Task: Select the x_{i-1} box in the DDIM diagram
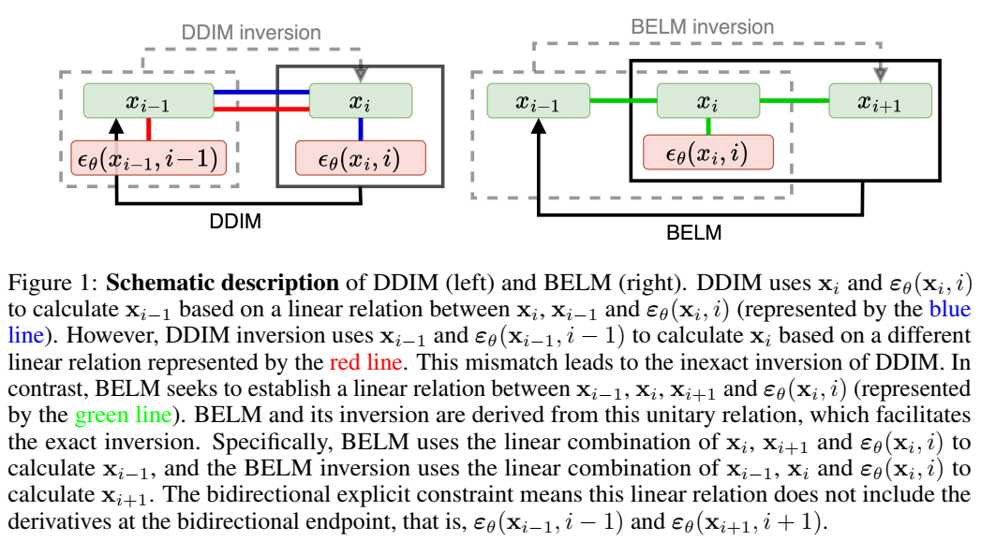(147, 101)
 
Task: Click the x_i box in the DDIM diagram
(360, 101)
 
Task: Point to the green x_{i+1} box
(880, 101)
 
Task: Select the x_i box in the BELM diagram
(708, 101)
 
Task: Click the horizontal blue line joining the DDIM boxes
(260, 93)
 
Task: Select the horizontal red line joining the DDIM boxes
(260, 110)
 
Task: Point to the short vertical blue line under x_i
(360, 129)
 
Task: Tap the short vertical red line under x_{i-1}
(148, 129)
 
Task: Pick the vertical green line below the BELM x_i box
(708, 126)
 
